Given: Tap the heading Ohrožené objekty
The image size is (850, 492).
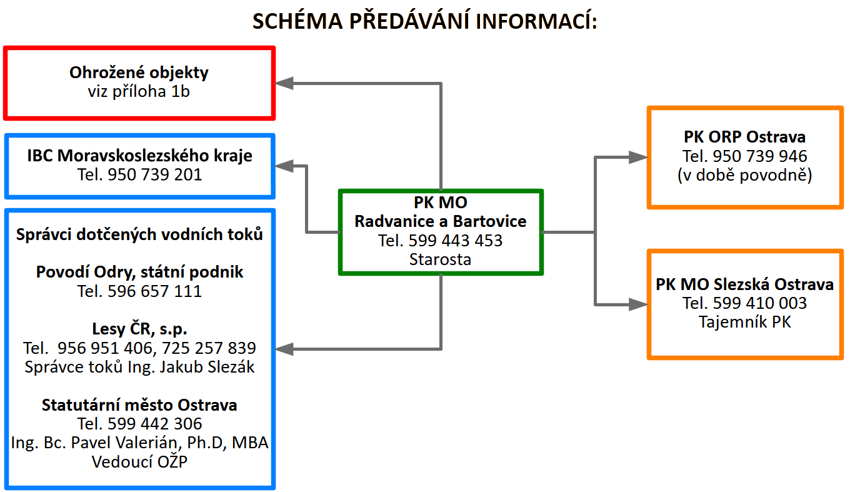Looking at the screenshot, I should click(139, 72).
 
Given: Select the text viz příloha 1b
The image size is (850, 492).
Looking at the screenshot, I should click(139, 91).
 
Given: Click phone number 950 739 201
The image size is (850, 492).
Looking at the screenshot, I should click(155, 174).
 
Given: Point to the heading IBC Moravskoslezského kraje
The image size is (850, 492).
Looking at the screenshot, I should click(140, 155).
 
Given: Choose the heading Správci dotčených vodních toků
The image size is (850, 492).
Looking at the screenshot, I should click(139, 234).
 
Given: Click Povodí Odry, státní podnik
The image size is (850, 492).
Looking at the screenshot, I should click(139, 272).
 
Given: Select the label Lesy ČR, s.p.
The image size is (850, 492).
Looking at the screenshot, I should click(139, 329).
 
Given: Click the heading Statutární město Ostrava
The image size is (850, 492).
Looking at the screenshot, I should click(139, 404).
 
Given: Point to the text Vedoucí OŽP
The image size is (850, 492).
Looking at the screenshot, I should click(139, 462).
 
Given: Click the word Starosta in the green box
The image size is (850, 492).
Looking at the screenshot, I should click(440, 259).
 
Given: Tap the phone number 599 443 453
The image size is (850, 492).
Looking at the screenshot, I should click(456, 240).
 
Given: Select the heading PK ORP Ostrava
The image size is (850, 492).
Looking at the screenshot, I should click(744, 136).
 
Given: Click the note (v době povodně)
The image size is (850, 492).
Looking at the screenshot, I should click(744, 175).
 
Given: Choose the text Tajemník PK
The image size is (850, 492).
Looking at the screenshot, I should click(744, 323).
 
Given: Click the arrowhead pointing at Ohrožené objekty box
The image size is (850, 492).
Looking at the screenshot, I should click(285, 83).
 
